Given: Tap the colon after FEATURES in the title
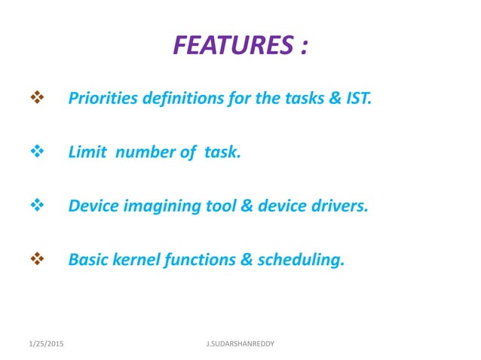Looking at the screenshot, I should pyautogui.click(x=303, y=47).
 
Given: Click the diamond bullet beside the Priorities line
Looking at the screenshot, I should pyautogui.click(x=35, y=98).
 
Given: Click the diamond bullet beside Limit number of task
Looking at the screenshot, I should pyautogui.click(x=35, y=151).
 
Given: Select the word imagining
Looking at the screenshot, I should pyautogui.click(x=158, y=206).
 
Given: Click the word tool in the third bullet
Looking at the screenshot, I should pyautogui.click(x=219, y=206).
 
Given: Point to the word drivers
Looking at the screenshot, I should pyautogui.click(x=339, y=206).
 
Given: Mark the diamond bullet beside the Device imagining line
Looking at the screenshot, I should pyautogui.click(x=35, y=206).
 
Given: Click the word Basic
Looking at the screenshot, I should pyautogui.click(x=87, y=260).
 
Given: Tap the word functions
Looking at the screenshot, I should pyautogui.click(x=201, y=260).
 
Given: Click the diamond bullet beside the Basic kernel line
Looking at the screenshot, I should pyautogui.click(x=35, y=260).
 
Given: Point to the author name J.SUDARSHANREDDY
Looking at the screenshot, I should pyautogui.click(x=240, y=343).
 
